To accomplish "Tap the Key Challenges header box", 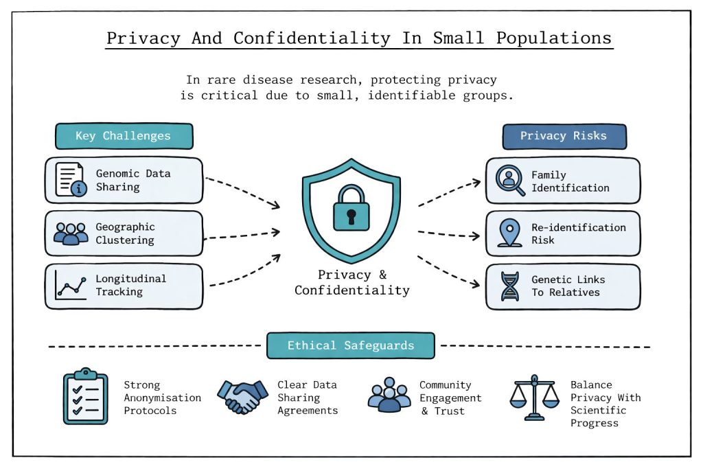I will [124, 136].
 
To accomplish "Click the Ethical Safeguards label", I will [350, 345].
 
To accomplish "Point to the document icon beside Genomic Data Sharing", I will [71, 181].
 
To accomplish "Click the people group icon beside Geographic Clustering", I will [71, 233].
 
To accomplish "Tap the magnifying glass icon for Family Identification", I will [510, 180].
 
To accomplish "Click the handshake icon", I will [242, 396].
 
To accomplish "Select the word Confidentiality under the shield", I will [351, 290].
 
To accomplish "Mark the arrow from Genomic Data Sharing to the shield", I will [243, 192].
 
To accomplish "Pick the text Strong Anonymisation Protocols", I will [162, 398].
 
